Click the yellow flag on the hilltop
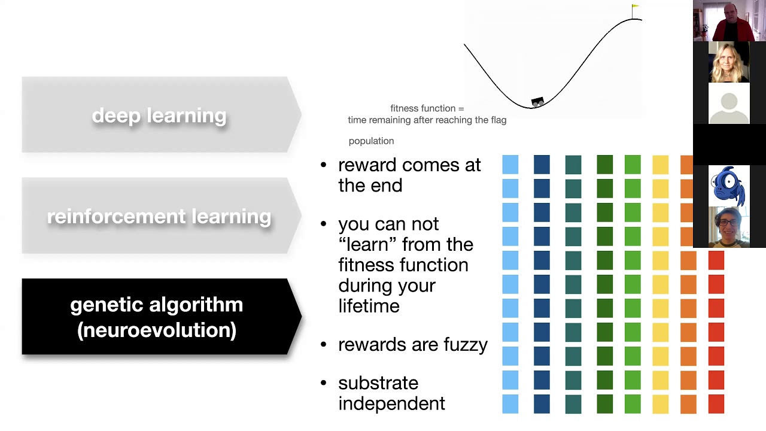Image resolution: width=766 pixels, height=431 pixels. [635, 8]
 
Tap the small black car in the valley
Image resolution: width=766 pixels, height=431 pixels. [537, 102]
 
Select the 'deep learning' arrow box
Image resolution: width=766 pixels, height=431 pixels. [159, 115]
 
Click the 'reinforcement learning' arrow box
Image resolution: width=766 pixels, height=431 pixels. [159, 216]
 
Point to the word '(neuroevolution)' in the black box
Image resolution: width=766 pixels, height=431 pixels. [157, 330]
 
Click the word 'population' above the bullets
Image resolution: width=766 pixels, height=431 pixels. [371, 141]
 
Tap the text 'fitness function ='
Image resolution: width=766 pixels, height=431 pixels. [427, 108]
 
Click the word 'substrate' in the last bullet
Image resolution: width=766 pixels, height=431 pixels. [378, 383]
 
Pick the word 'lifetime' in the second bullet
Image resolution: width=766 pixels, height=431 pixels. [369, 306]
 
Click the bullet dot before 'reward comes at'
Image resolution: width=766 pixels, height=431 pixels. [324, 165]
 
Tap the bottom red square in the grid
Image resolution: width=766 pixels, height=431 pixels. [716, 404]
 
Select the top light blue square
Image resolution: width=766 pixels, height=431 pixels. [510, 165]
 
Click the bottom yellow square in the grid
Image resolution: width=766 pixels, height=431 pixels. [660, 404]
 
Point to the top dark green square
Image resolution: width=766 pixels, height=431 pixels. [604, 165]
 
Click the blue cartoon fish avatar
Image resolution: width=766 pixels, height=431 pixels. [728, 186]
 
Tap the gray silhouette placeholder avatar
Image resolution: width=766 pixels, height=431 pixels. [728, 104]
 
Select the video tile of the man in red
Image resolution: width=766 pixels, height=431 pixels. [728, 21]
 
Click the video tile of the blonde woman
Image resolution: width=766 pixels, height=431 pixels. [728, 62]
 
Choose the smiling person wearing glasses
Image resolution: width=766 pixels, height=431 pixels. [728, 227]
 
